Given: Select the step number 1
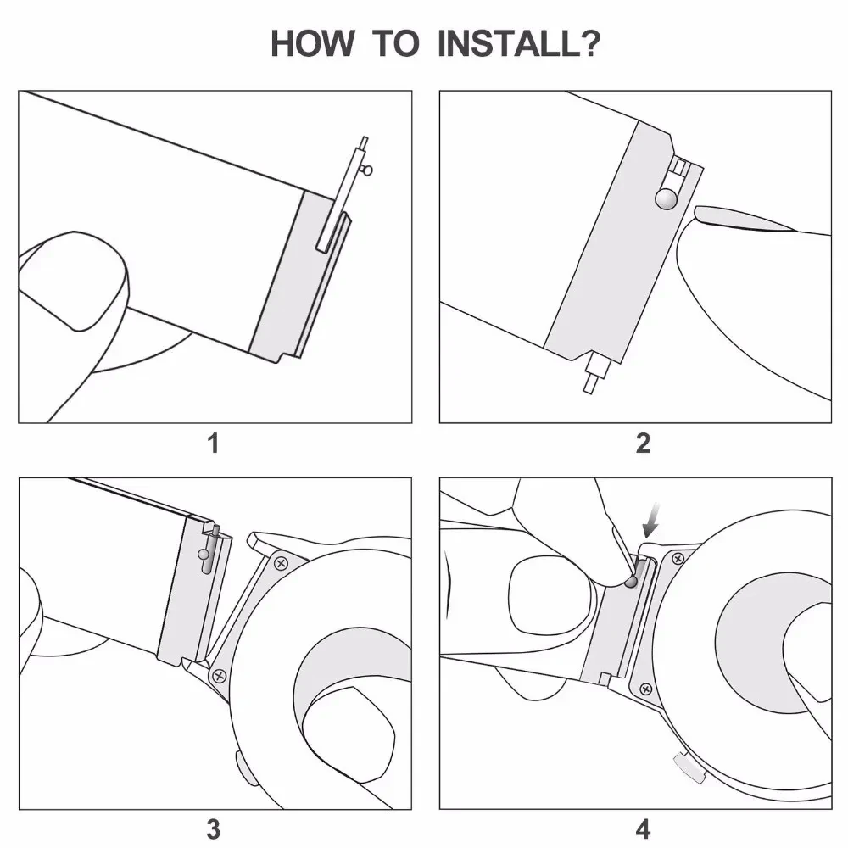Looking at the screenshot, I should (x=214, y=443).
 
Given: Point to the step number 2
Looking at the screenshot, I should (x=643, y=443).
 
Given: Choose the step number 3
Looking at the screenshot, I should (x=214, y=828).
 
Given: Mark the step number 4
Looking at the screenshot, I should (x=643, y=828).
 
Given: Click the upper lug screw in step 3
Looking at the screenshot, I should (x=281, y=561).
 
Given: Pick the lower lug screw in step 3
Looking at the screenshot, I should (x=220, y=675).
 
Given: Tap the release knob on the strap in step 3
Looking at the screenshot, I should (x=204, y=555).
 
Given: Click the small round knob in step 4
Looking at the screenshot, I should (x=628, y=581).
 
